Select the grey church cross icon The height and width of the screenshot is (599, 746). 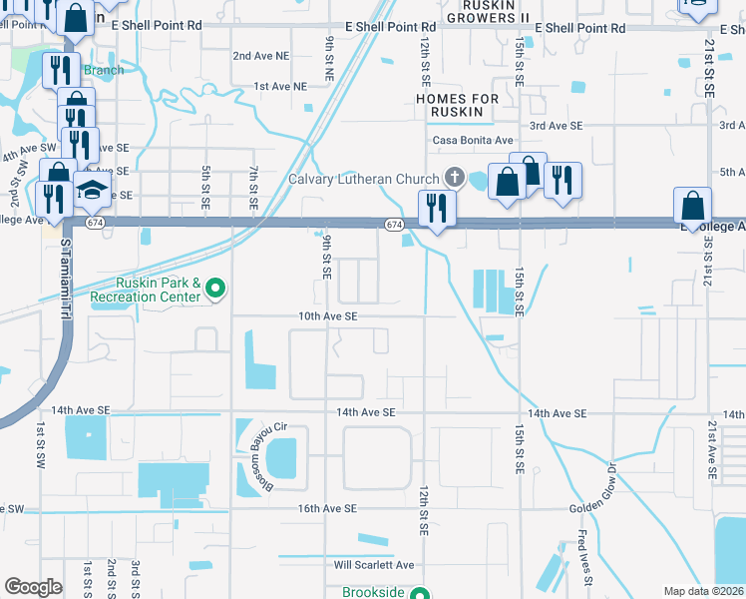(455, 179)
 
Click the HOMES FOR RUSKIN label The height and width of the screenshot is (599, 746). (457, 105)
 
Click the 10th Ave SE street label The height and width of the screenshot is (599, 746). (327, 315)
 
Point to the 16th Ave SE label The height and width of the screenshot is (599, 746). (326, 508)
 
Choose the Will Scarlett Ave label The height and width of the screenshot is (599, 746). (373, 564)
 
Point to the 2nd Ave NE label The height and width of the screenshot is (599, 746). (256, 56)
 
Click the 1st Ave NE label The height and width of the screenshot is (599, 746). (279, 87)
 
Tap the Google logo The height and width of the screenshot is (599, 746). (33, 587)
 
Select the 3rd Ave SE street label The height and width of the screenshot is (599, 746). (556, 125)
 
